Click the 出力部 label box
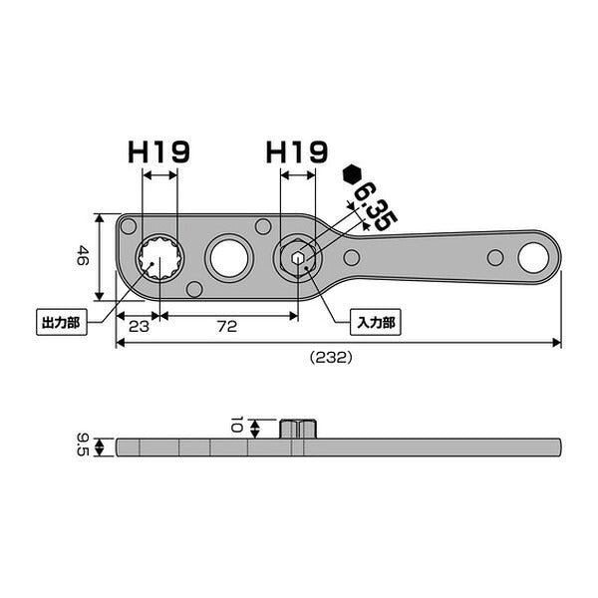[x=62, y=323]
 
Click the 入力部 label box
[x=376, y=323]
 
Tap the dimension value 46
[x=83, y=255]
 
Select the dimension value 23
[x=139, y=327]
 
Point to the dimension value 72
[x=227, y=327]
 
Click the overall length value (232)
[x=331, y=358]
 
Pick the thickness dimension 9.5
[x=83, y=445]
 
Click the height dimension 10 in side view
[x=237, y=425]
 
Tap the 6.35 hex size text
[x=376, y=206]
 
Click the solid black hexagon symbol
[x=352, y=175]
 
